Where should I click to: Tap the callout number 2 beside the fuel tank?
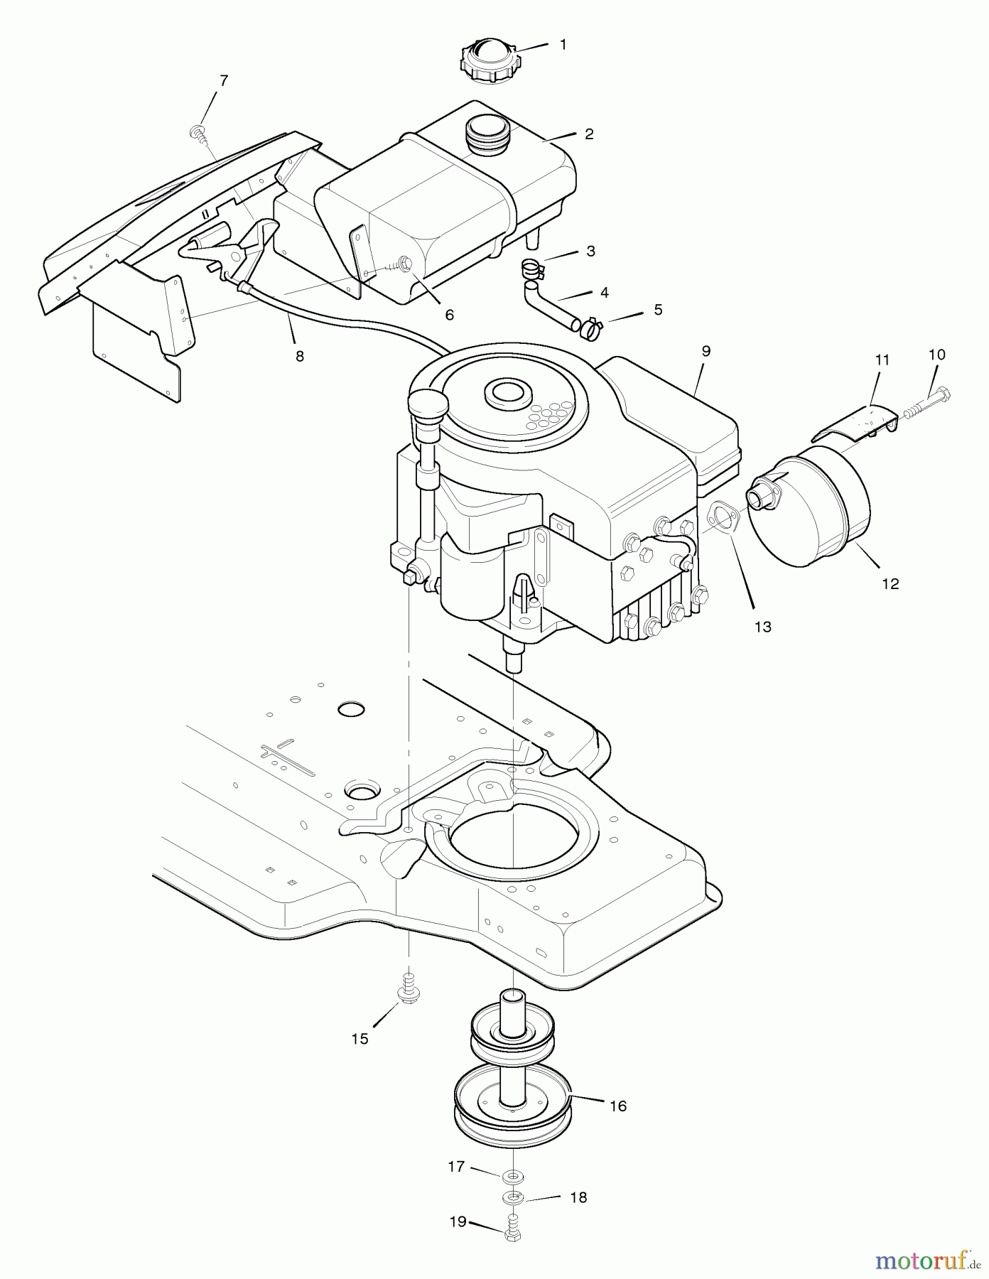pyautogui.click(x=589, y=134)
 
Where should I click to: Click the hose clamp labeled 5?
pyautogui.click(x=592, y=328)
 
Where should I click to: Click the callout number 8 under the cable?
pyautogui.click(x=300, y=356)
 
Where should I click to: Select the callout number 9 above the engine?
pyautogui.click(x=706, y=351)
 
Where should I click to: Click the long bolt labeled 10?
pyautogui.click(x=929, y=403)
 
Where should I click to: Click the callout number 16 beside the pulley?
pyautogui.click(x=618, y=1106)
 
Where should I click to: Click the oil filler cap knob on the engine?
pyautogui.click(x=427, y=404)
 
